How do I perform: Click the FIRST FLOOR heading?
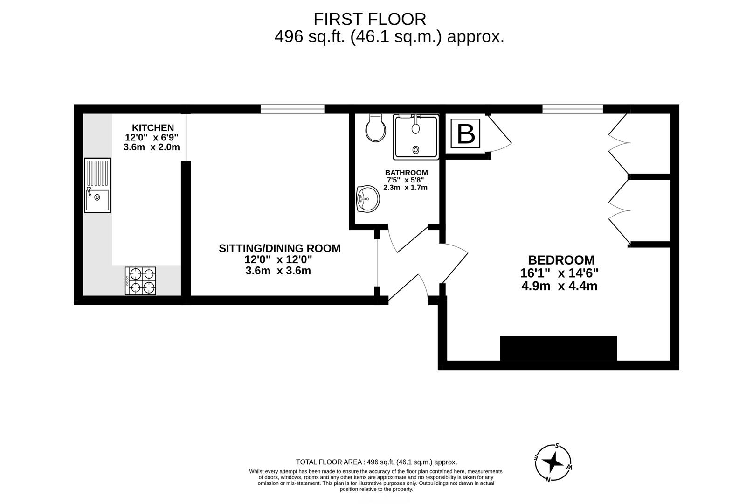pyautogui.click(x=369, y=19)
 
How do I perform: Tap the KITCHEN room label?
pyautogui.click(x=152, y=128)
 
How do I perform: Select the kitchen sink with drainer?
pyautogui.click(x=97, y=185)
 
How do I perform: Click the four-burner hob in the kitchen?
pyautogui.click(x=140, y=280)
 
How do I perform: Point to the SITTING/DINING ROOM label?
pyautogui.click(x=279, y=248)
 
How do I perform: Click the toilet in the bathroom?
pyautogui.click(x=376, y=128)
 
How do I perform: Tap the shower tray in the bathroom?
pyautogui.click(x=416, y=136)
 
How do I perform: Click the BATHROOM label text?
pyautogui.click(x=406, y=173)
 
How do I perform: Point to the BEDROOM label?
pyautogui.click(x=561, y=260)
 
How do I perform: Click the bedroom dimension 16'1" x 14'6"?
pyautogui.click(x=559, y=273)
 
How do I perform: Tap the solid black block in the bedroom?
pyautogui.click(x=558, y=348)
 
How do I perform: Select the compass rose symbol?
pyautogui.click(x=553, y=463)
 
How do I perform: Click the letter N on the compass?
pyautogui.click(x=548, y=479)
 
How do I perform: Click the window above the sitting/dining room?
pyautogui.click(x=292, y=109)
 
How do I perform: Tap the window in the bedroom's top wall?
pyautogui.click(x=573, y=109)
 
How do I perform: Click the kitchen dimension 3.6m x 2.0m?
pyautogui.click(x=151, y=147)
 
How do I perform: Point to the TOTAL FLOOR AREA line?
pyautogui.click(x=376, y=462)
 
